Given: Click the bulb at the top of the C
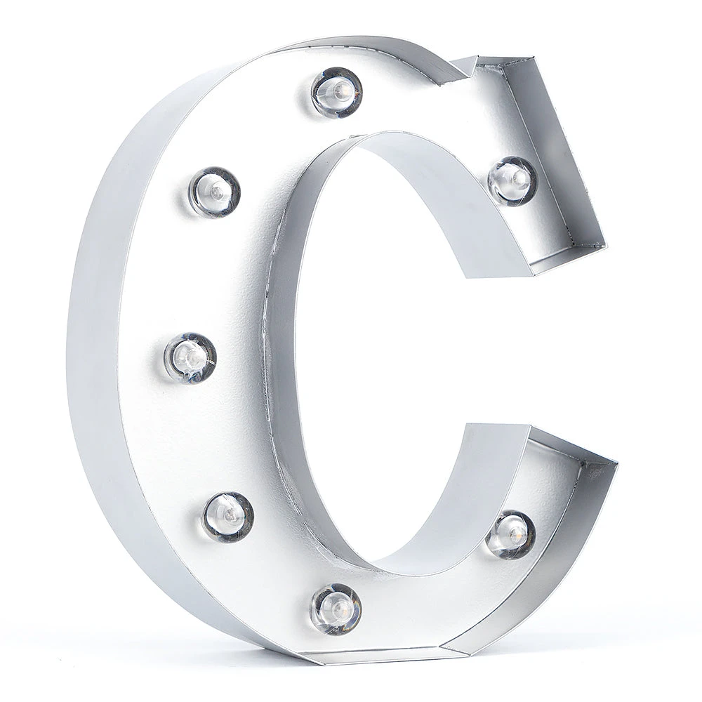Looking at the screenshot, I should click(x=337, y=92).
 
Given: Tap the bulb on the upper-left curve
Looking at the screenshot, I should click(x=215, y=192).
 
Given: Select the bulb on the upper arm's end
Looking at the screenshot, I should click(x=512, y=181).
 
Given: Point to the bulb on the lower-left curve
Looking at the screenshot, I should click(x=227, y=517).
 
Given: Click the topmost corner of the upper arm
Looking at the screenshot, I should click(x=537, y=57).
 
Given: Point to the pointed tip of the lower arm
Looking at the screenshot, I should click(x=616, y=463).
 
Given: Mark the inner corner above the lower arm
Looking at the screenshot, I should click(x=464, y=425).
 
